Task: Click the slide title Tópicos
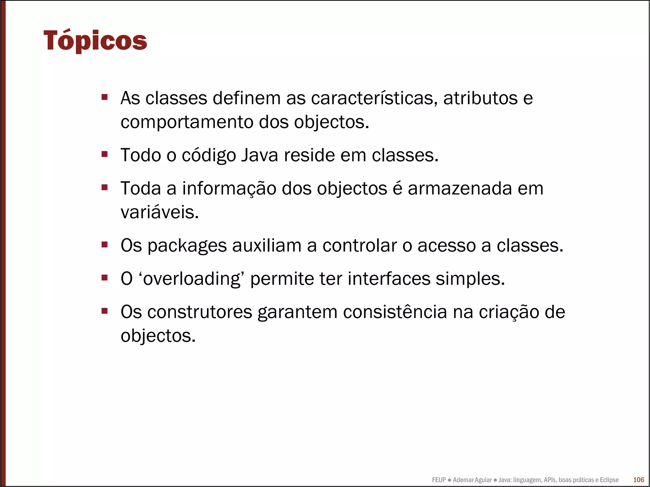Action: (x=95, y=41)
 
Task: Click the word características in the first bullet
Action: (x=372, y=98)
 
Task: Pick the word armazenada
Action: (x=460, y=188)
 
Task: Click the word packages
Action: (x=187, y=246)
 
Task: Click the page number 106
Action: (x=639, y=480)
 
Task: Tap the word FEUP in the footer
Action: (x=439, y=480)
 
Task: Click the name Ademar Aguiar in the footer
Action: (x=472, y=480)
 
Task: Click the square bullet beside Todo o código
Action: (x=104, y=155)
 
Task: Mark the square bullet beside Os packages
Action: (x=104, y=245)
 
